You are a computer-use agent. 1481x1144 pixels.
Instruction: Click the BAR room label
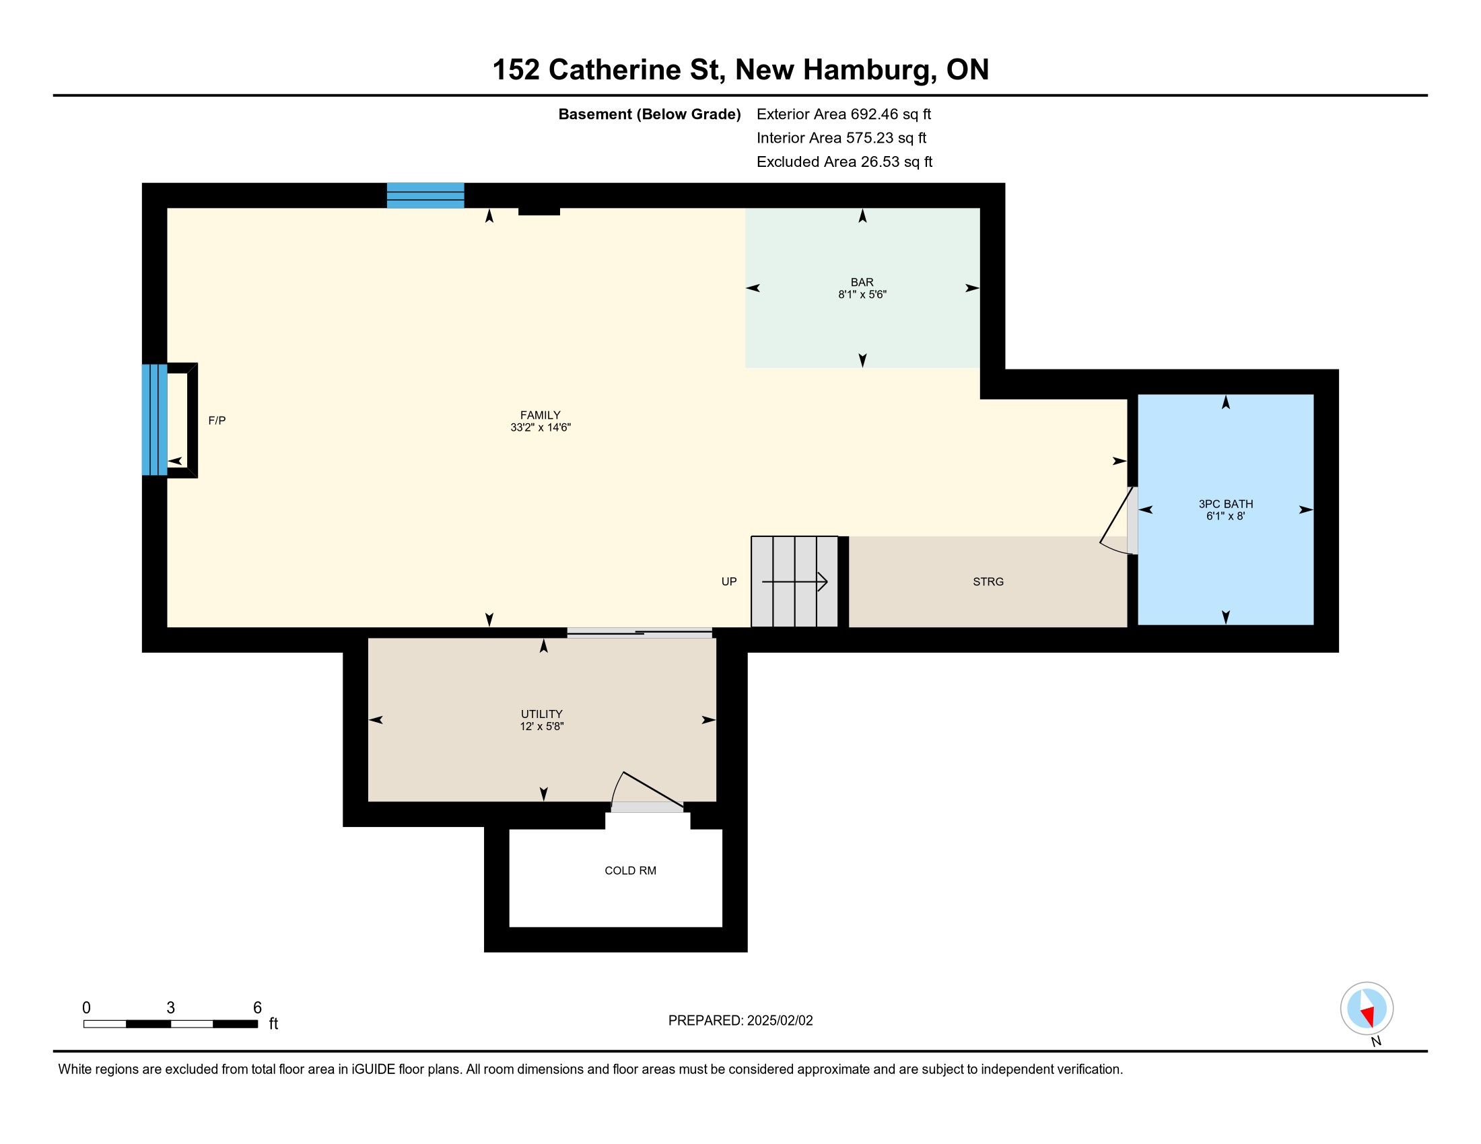862,282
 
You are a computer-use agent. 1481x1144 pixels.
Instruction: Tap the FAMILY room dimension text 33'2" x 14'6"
541,427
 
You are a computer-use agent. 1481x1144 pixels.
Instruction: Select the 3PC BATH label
1225,503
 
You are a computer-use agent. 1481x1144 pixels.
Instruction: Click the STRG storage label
988,581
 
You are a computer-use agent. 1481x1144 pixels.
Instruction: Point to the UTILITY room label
541,713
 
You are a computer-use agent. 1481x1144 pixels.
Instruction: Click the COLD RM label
630,870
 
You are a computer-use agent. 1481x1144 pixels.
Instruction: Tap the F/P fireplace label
217,420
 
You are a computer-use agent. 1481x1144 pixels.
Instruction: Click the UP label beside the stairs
729,581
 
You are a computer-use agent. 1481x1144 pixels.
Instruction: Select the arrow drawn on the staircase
795,581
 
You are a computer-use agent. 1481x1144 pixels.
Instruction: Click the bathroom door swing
1115,522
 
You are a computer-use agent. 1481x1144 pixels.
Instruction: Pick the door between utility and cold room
648,791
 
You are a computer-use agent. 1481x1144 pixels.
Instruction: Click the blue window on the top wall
425,195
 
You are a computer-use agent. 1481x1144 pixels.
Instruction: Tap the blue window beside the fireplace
154,419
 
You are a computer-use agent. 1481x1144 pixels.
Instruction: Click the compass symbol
1367,1009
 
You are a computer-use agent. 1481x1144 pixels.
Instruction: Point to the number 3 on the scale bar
171,1008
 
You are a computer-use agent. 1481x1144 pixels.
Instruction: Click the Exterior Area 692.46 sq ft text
843,114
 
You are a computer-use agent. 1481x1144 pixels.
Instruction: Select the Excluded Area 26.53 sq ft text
844,162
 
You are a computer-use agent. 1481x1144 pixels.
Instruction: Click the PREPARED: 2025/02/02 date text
740,1020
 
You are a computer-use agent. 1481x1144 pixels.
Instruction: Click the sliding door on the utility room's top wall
640,633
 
